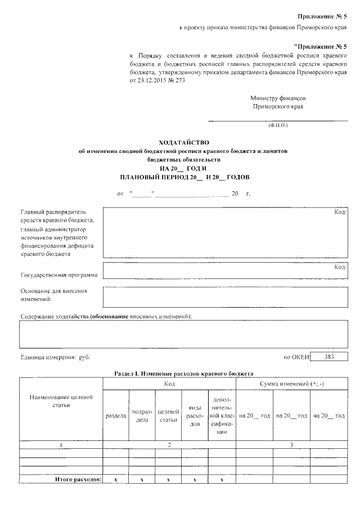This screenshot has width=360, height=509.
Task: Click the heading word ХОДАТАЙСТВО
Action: pos(180,143)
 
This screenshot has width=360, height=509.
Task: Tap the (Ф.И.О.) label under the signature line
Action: pos(278,125)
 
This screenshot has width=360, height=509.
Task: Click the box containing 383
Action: pos(329,357)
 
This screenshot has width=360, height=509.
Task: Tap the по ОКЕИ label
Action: pos(296,357)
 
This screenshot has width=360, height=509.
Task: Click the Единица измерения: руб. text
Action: pos(55,357)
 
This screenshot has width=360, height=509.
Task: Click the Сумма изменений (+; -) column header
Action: pos(291,384)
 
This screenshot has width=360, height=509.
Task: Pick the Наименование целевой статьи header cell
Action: pos(61,402)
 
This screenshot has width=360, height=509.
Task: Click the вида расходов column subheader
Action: pos(194,416)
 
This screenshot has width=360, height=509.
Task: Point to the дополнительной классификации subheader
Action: pos(222,416)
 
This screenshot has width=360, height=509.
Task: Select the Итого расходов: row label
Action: pos(78,479)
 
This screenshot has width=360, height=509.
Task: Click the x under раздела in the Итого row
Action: pos(115,479)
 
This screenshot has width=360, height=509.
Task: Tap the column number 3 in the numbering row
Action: pos(291,445)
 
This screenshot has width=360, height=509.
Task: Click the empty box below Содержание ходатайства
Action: pos(183,336)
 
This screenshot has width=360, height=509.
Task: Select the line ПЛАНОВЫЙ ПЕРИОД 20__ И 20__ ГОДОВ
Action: pos(180,177)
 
